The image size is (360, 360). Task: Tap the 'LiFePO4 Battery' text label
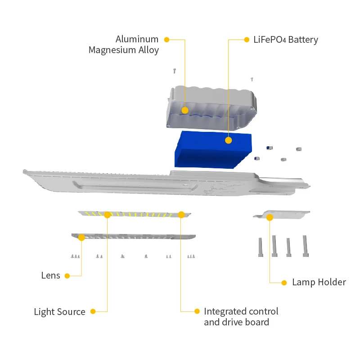point(286,40)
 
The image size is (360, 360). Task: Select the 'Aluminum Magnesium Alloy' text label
point(124,45)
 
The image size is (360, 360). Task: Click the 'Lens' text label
point(50,275)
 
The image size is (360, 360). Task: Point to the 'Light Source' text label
point(59,311)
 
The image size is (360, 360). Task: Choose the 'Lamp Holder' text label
point(319,283)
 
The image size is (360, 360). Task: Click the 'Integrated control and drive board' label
point(241,317)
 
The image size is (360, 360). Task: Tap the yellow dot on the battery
point(228,140)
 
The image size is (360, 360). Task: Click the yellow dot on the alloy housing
point(185,110)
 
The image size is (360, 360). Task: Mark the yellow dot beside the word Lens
point(67,276)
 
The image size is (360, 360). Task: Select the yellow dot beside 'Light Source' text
point(93,311)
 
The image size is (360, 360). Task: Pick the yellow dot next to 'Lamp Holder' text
point(284,283)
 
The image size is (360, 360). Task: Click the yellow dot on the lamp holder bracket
point(270,217)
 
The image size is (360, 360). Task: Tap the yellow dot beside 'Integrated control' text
point(197,311)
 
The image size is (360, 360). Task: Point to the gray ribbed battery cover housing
point(211,106)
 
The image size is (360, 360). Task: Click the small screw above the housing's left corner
point(175,71)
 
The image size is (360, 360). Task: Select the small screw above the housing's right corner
point(252,79)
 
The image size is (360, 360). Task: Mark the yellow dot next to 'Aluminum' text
point(166,40)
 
